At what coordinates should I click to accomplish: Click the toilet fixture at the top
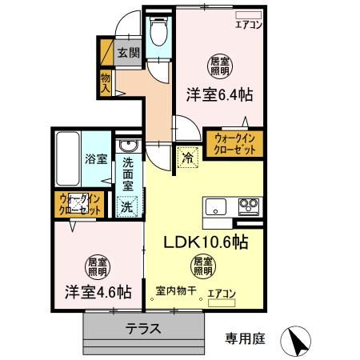[x=158, y=31]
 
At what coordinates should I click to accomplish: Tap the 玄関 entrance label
[x=128, y=54]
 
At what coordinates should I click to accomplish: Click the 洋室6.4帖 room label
[x=220, y=94]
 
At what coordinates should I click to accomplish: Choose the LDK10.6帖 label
[x=206, y=242]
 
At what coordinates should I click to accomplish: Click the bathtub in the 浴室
[x=69, y=157]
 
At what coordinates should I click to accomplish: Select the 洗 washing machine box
[x=127, y=205]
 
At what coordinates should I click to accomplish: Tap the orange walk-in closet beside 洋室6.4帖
[x=234, y=143]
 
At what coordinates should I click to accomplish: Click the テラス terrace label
[x=143, y=329]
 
